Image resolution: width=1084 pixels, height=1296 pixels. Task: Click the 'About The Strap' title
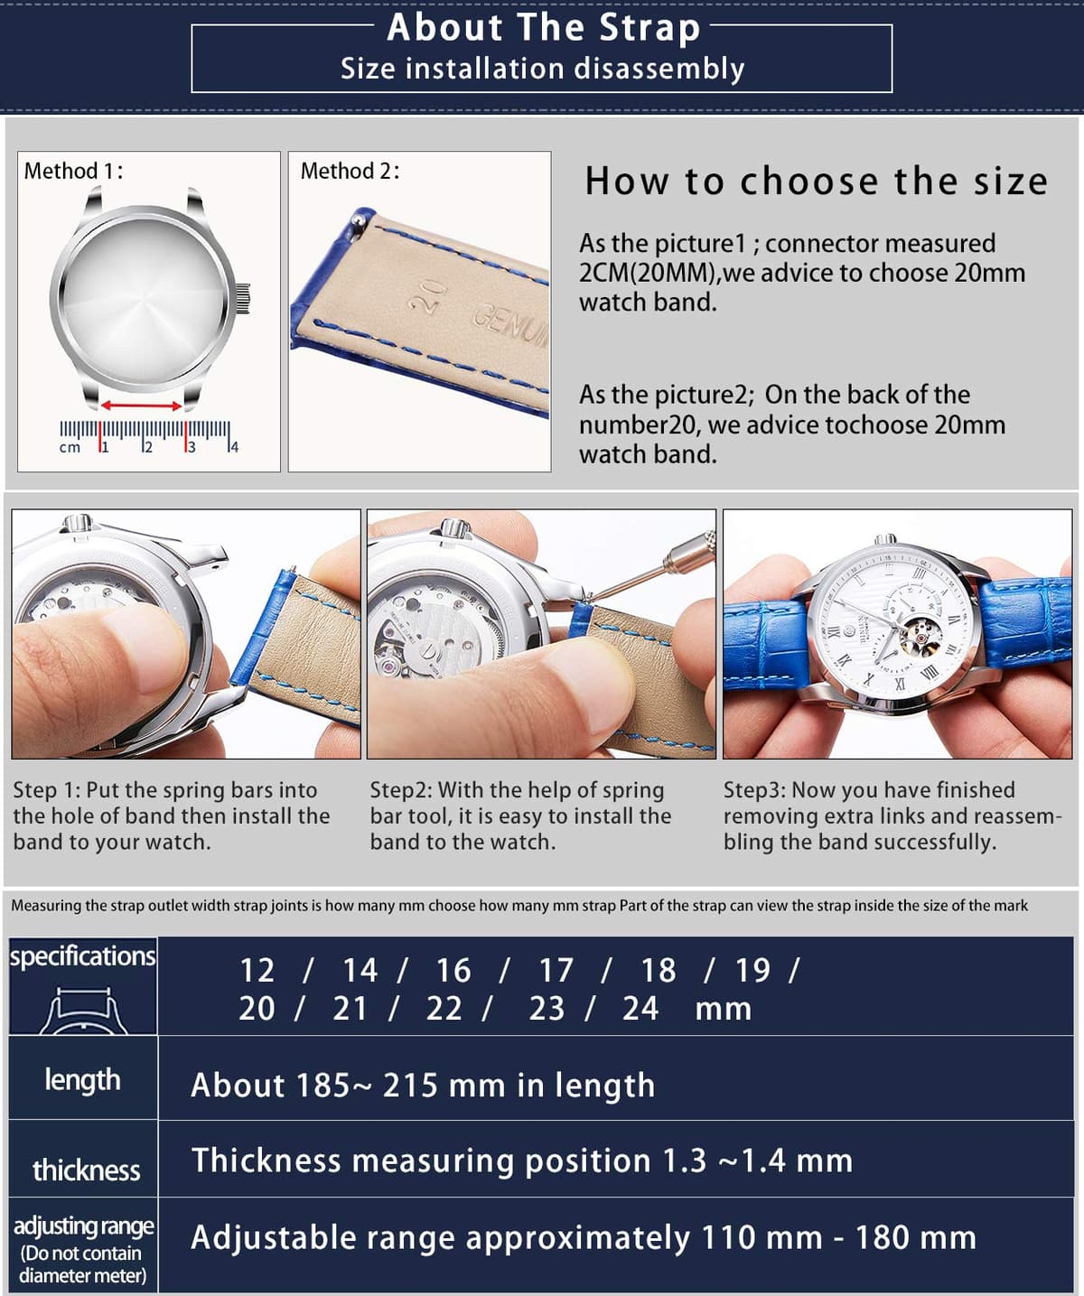543,28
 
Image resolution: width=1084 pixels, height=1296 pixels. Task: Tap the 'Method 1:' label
73,171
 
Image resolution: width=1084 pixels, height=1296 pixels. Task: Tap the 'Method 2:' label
350,171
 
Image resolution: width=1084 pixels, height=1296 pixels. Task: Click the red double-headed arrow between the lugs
141,406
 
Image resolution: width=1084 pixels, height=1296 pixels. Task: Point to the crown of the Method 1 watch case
242,299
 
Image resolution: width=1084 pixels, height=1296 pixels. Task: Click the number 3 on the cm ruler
192,447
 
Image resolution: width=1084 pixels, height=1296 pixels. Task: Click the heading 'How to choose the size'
817,182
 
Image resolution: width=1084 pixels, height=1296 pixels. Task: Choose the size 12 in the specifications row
257,970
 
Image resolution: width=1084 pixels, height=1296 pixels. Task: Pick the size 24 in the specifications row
640,1009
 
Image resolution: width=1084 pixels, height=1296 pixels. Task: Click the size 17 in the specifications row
556,970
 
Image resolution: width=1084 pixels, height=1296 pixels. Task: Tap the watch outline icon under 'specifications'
82,1011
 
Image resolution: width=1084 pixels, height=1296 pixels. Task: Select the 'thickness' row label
87,1170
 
